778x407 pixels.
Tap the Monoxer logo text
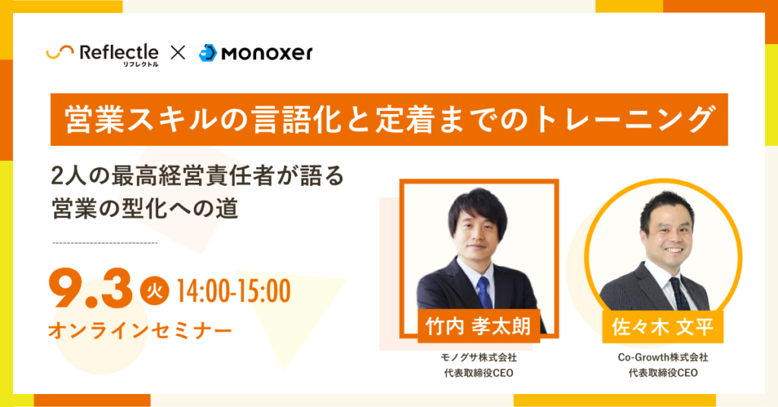point(267,53)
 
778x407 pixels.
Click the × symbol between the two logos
point(178,52)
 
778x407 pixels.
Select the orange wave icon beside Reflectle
point(59,52)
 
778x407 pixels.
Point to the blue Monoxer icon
point(208,53)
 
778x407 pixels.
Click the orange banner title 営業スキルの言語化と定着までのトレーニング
point(389,119)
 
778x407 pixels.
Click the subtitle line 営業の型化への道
point(145,209)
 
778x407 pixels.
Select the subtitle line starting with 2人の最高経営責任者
point(198,176)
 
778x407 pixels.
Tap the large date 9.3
point(91,290)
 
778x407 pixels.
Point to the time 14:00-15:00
point(233,291)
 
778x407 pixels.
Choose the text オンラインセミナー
point(140,330)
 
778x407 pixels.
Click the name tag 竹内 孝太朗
point(479,327)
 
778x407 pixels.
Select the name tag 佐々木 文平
point(663,327)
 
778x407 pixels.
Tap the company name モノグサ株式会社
point(479,357)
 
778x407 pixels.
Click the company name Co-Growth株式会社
point(663,357)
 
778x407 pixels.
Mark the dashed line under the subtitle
point(105,243)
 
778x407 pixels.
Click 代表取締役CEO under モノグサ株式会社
point(479,373)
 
